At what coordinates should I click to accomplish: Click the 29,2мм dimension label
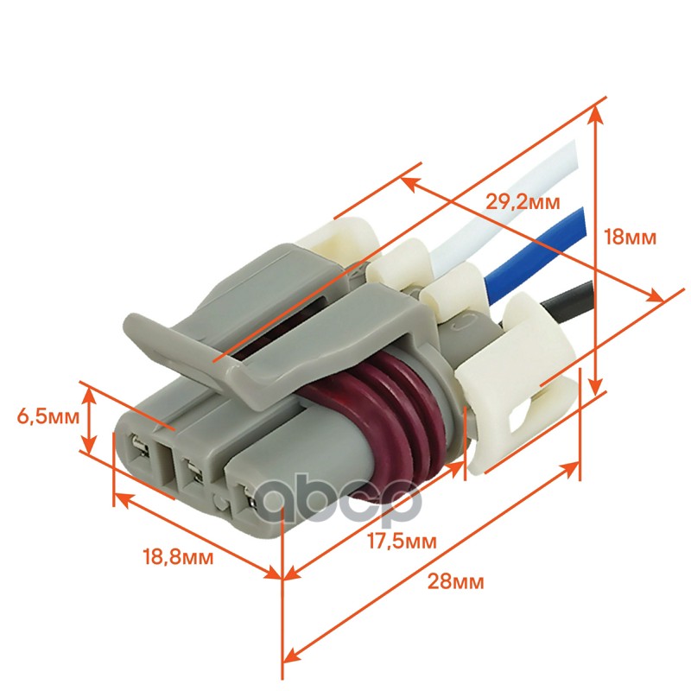click(523, 202)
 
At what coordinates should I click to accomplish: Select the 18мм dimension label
click(631, 238)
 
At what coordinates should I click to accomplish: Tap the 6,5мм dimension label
click(48, 416)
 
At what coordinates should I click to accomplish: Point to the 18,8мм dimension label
click(178, 557)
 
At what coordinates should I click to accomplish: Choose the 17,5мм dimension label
click(402, 542)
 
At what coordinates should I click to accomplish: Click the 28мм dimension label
click(456, 581)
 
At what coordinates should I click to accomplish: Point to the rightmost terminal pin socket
click(248, 499)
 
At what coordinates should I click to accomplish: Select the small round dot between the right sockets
click(219, 500)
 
